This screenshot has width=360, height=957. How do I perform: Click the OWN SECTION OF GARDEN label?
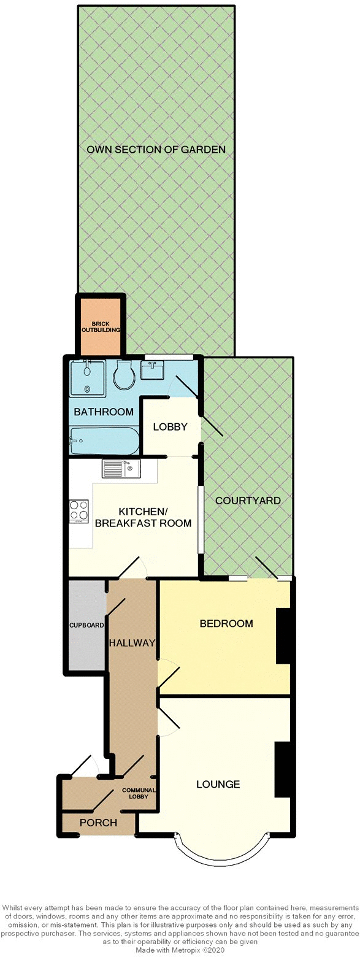156,149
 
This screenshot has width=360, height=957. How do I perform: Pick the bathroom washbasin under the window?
151,370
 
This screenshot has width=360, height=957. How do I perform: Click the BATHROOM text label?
104,412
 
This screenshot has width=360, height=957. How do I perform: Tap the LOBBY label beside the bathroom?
170,427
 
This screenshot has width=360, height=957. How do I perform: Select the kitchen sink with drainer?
122,469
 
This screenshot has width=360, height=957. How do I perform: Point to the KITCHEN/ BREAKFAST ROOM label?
155,517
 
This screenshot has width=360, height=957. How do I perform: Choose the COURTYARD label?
248,501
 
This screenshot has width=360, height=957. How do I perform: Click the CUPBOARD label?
86,626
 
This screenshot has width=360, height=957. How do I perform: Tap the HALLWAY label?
132,642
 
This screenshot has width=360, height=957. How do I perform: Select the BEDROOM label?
226,624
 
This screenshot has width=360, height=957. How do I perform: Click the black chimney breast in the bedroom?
283,636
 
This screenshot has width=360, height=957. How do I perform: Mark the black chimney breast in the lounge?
281,769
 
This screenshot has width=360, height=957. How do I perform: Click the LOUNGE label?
218,784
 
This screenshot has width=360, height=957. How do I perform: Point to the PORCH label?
99,823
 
